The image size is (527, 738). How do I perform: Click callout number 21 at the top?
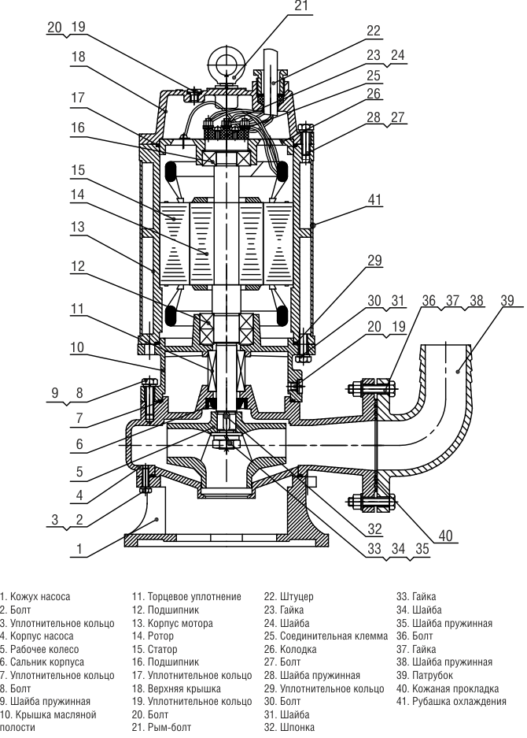pos(301,6)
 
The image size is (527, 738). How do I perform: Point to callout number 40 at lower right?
pos(446,536)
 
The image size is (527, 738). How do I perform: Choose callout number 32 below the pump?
pos(374,528)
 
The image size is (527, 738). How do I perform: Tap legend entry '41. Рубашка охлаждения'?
pos(451,701)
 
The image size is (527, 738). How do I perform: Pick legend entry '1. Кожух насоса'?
pos(35,597)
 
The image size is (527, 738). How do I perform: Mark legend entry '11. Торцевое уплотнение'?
pos(186,597)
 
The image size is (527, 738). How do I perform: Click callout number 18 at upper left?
pos(76,57)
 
